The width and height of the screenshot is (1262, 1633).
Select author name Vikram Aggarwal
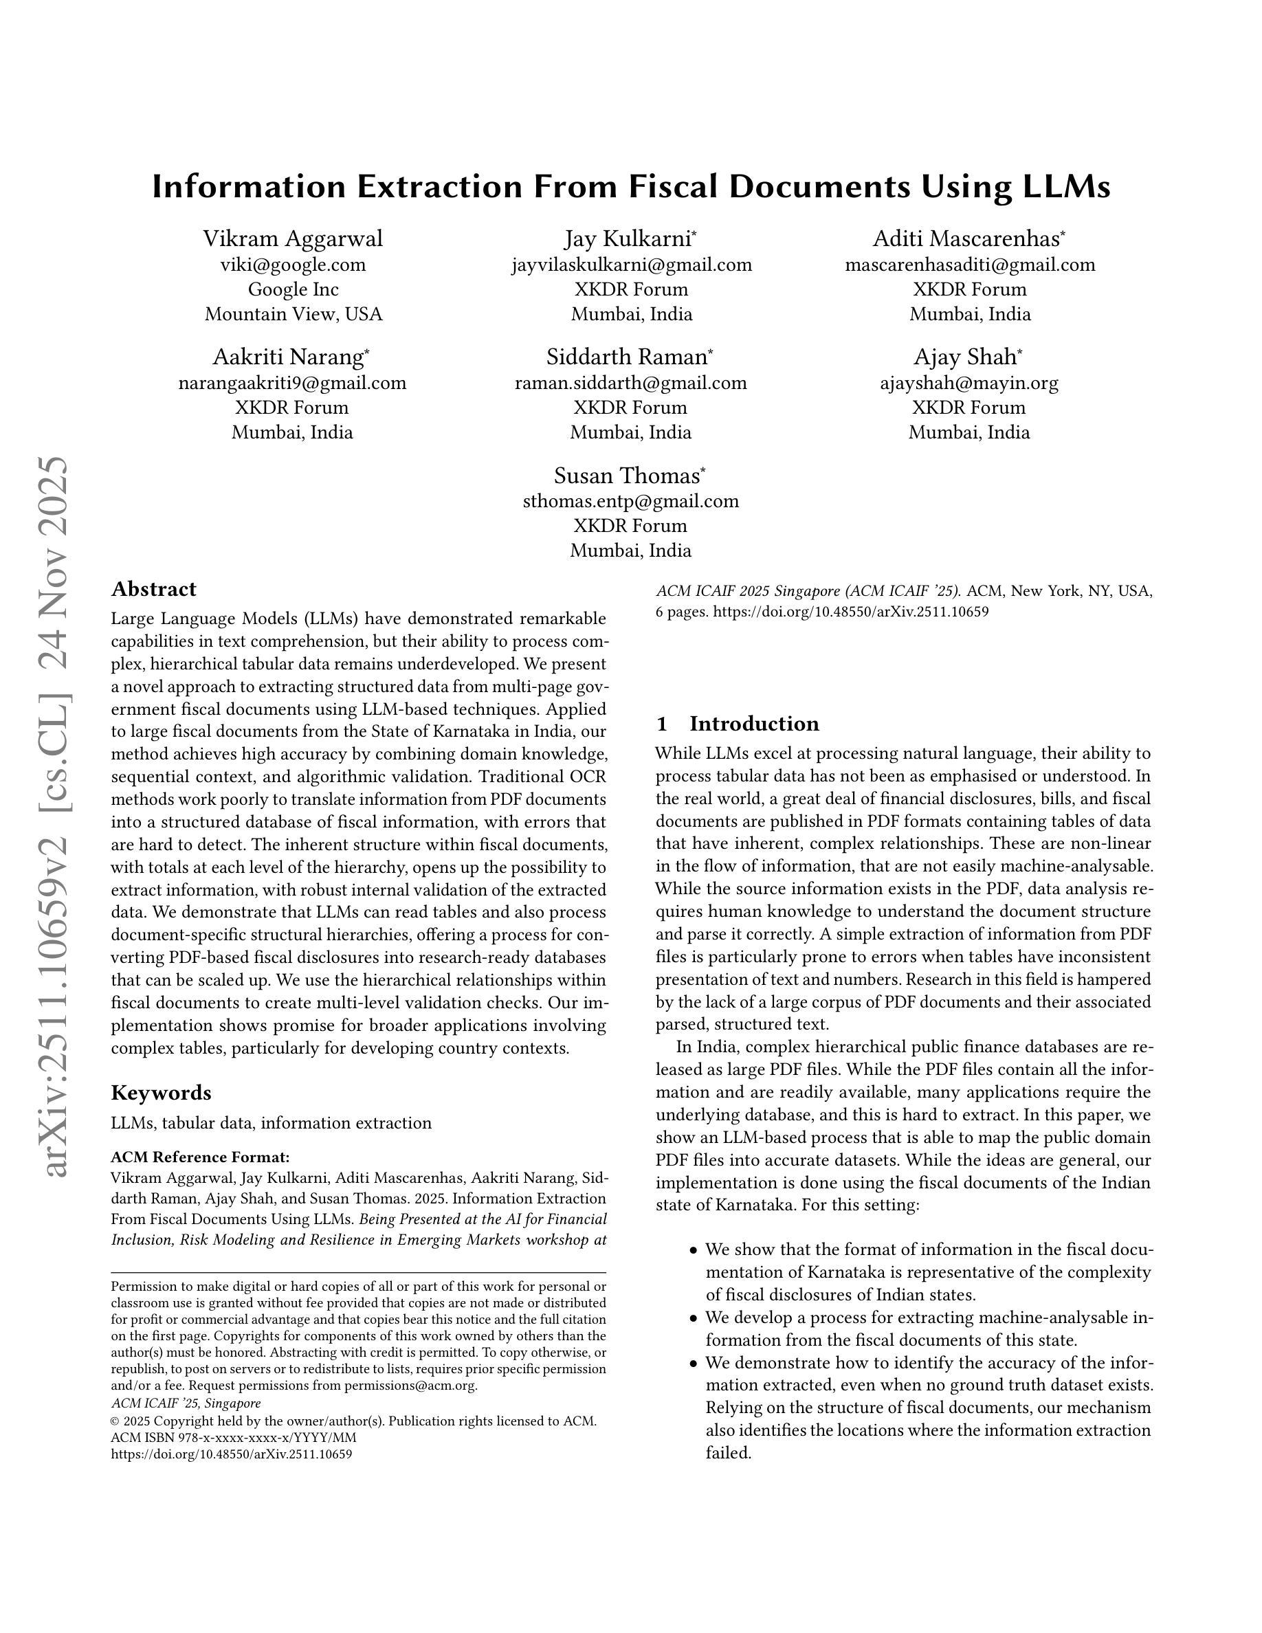click(292, 238)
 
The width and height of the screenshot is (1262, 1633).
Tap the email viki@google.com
click(292, 265)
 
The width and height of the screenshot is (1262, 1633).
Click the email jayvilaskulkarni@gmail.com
click(631, 265)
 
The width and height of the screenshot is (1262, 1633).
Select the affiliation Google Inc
click(292, 289)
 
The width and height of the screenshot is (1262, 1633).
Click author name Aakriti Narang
click(288, 357)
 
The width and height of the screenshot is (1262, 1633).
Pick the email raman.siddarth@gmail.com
click(630, 383)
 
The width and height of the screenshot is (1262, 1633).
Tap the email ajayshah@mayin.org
click(969, 383)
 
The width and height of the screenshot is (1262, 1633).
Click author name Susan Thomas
click(626, 476)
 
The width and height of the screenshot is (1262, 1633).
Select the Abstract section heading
click(153, 589)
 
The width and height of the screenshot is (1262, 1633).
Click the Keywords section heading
click(161, 1093)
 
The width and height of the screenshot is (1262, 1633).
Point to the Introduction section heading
click(753, 724)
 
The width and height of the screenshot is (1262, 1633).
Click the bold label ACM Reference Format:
click(199, 1157)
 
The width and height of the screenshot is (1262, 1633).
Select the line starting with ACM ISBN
click(233, 1438)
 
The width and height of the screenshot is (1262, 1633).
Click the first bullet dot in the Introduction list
click(693, 1251)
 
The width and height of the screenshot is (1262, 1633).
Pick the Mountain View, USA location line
click(293, 314)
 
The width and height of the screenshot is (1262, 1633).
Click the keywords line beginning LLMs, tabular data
click(271, 1123)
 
